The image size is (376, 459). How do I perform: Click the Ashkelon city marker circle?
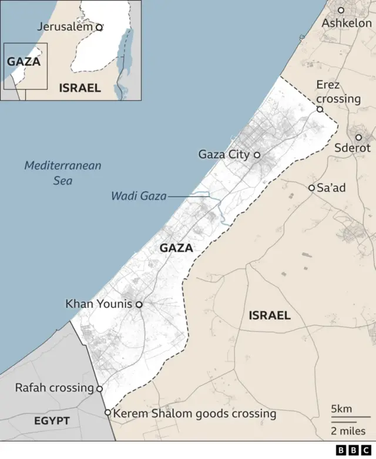[x=341, y=10]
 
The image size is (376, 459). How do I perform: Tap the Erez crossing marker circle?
[x=320, y=109]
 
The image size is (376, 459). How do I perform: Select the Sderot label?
[x=352, y=148]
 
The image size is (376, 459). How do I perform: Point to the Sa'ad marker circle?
[x=312, y=188]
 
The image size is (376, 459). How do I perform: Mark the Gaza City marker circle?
[x=257, y=155]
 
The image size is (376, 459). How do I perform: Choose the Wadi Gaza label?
[x=139, y=196]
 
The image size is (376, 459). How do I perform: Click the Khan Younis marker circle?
[x=139, y=305]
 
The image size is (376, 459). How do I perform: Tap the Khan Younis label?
[x=99, y=305]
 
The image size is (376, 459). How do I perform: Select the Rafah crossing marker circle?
[x=99, y=389]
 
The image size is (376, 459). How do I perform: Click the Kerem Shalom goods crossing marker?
[x=108, y=413]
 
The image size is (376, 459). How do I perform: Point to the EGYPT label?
[x=52, y=421]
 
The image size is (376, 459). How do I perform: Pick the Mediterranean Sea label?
[x=62, y=173]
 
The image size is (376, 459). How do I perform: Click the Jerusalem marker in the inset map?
[x=99, y=27]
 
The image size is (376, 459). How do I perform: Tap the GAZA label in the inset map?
[x=24, y=61]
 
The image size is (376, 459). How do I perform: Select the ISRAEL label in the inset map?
[x=80, y=88]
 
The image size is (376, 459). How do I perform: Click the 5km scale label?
[x=342, y=409]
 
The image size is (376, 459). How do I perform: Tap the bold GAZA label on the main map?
[x=176, y=248]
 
